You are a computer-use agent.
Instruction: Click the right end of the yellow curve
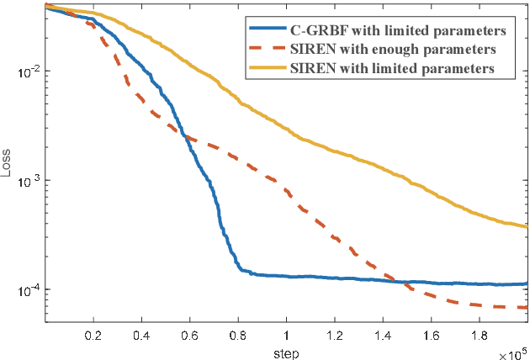(x=527, y=226)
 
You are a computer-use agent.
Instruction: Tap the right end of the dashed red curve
(x=527, y=308)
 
